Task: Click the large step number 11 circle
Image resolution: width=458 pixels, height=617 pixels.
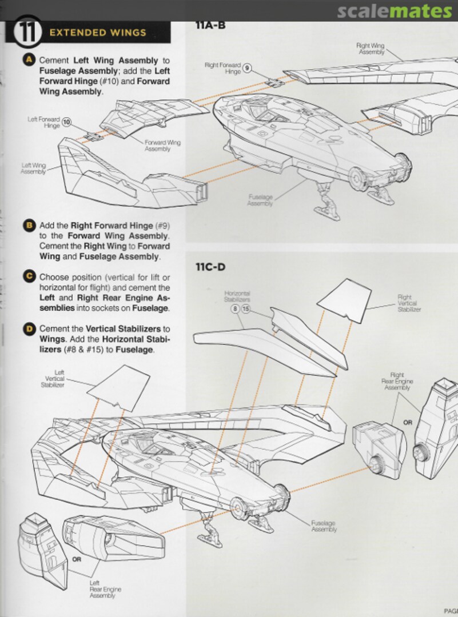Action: (x=25, y=33)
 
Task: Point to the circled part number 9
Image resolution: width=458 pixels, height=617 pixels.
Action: (x=247, y=68)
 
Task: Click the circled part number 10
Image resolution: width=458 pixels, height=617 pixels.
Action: (x=67, y=122)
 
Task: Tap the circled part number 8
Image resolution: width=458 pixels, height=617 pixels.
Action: (x=234, y=309)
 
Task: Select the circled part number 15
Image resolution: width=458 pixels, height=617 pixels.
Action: (x=246, y=309)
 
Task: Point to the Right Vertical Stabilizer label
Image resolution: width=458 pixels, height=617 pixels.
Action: (x=408, y=303)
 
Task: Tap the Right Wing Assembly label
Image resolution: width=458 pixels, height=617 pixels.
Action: (x=370, y=48)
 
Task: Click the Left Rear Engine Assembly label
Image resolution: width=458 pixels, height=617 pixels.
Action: (x=105, y=588)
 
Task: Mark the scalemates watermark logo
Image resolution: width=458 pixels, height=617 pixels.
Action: (x=394, y=11)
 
